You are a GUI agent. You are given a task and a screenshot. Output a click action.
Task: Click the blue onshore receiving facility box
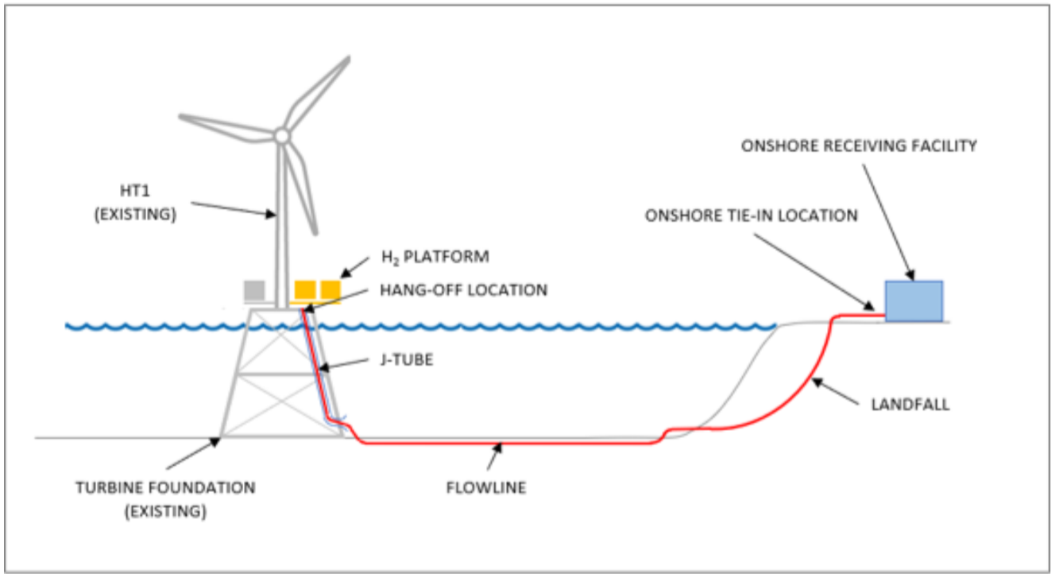(x=914, y=301)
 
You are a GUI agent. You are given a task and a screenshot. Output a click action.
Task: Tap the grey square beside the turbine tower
(x=254, y=291)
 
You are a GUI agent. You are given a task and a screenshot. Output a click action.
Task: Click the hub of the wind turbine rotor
(x=281, y=136)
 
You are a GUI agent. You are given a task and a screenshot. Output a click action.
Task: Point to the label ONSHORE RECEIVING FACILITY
(x=859, y=145)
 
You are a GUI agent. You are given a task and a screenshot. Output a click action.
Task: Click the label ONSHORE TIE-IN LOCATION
(x=752, y=215)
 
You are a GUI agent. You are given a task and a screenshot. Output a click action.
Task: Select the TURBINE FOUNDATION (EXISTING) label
(x=165, y=498)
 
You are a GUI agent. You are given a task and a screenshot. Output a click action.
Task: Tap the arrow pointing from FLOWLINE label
(x=495, y=458)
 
